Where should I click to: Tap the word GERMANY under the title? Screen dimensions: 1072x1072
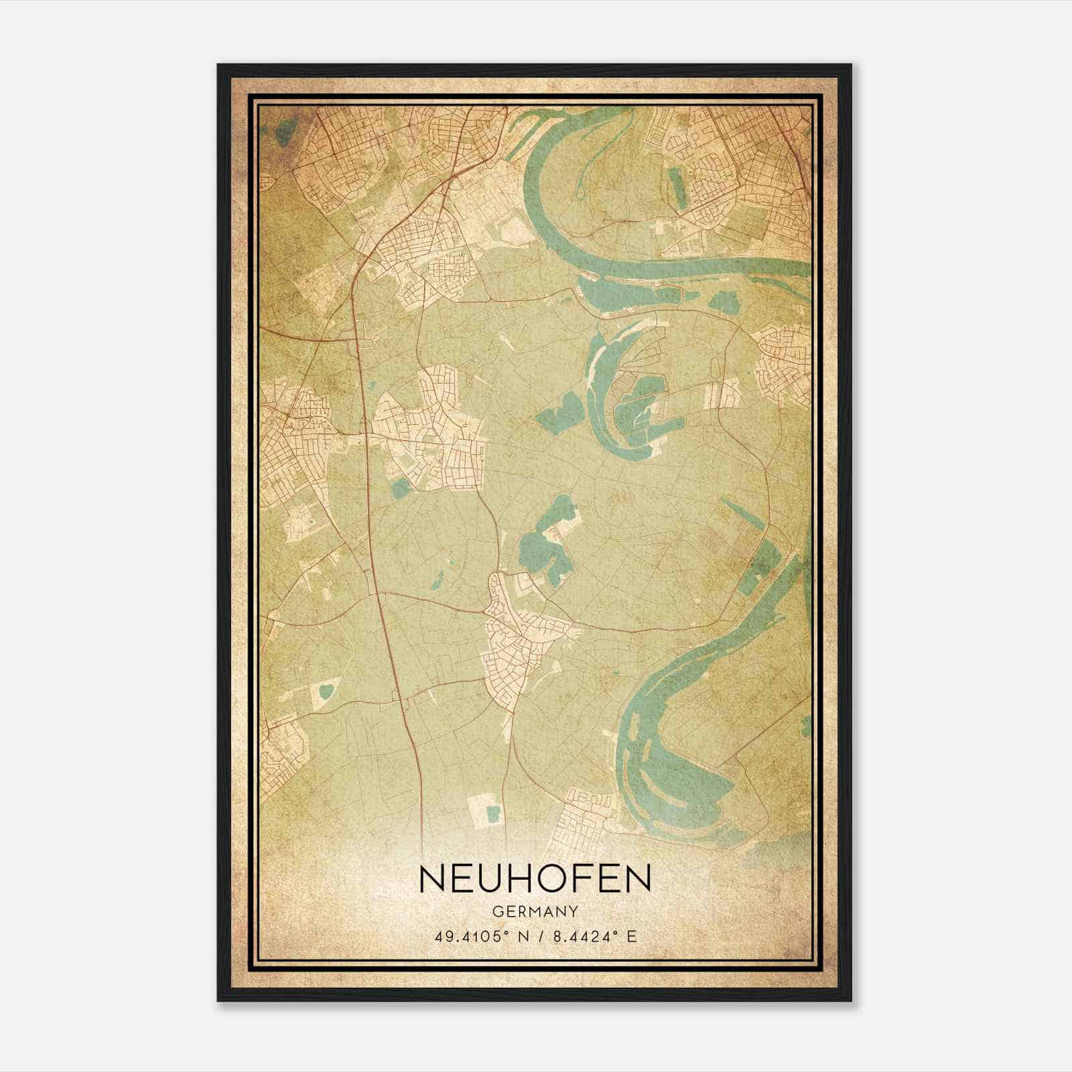pyautogui.click(x=535, y=912)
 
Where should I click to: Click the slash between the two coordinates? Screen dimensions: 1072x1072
pyautogui.click(x=540, y=936)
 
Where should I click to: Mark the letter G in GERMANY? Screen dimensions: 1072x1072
pyautogui.click(x=496, y=912)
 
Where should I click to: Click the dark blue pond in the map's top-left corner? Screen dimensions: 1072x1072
pyautogui.click(x=287, y=127)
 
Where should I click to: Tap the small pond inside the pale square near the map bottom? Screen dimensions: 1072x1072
pyautogui.click(x=494, y=815)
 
